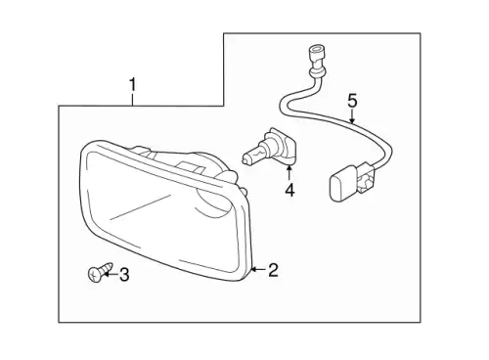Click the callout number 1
pyautogui.click(x=132, y=85)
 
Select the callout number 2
pyautogui.click(x=273, y=270)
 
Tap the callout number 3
pyautogui.click(x=124, y=275)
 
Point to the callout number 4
pyautogui.click(x=289, y=190)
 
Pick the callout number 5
pyautogui.click(x=352, y=101)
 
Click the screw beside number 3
pyautogui.click(x=100, y=272)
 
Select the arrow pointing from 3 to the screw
pyautogui.click(x=110, y=275)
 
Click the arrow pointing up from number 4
pyautogui.click(x=289, y=173)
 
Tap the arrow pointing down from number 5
pyautogui.click(x=352, y=116)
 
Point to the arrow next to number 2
pyautogui.click(x=258, y=270)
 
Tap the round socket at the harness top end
pyautogui.click(x=316, y=55)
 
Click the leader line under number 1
pyautogui.click(x=132, y=100)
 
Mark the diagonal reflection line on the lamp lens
pyautogui.click(x=141, y=206)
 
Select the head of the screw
pyautogui.click(x=95, y=275)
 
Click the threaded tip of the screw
pyautogui.click(x=110, y=265)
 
